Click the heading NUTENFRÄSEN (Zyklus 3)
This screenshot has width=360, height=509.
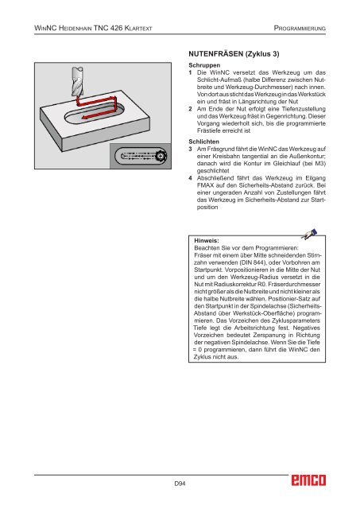point(234,54)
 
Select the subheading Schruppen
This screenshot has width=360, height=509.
point(204,65)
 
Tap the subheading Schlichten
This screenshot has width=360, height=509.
point(204,142)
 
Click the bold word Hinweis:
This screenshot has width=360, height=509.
point(207,240)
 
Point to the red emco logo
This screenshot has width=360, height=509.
point(308,480)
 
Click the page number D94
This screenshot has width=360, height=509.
point(180,484)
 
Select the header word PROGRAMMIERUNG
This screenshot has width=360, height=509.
point(300,29)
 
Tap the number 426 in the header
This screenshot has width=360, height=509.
point(116,29)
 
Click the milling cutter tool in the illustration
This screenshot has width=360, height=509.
point(78,81)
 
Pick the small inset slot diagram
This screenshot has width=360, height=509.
point(141,156)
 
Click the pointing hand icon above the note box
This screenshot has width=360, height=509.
point(309,235)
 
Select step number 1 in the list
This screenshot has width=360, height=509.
point(191,72)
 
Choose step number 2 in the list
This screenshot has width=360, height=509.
point(191,109)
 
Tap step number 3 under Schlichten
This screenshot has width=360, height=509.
point(191,150)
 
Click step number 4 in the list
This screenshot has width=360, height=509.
point(191,178)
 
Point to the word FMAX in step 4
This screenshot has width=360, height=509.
point(205,185)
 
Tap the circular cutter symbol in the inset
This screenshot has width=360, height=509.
point(161,156)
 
